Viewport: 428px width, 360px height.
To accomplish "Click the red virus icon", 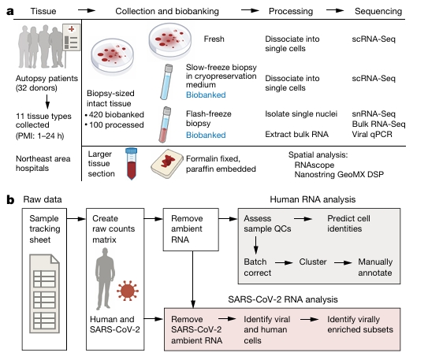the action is click(128, 291).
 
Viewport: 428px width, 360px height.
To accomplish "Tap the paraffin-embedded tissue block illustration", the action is click(167, 164).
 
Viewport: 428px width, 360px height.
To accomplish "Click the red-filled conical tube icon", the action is click(132, 164).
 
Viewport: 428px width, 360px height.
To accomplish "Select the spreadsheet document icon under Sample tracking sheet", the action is click(44, 294).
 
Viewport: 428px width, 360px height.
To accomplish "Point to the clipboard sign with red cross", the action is click(72, 37).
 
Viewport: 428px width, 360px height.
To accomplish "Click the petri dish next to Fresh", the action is click(169, 41).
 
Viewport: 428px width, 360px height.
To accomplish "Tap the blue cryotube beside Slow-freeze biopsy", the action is click(166, 82).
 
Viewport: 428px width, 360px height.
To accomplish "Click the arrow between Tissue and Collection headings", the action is click(87, 10).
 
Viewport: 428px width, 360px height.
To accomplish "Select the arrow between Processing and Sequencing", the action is click(335, 10).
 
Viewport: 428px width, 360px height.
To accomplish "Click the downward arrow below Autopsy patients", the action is click(47, 102).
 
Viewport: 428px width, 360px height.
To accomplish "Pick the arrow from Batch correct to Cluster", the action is click(284, 262).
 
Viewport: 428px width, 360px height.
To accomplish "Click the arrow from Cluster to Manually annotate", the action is click(343, 262).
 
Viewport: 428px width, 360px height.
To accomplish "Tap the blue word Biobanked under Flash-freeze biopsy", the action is click(206, 135).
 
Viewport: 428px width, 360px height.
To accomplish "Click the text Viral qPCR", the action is click(372, 134).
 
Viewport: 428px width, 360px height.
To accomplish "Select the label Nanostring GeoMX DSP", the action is click(339, 174).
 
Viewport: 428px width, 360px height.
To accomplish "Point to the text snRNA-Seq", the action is click(374, 113).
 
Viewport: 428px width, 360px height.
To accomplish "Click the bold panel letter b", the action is click(10, 199).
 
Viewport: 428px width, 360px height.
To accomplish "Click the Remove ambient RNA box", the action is click(191, 230).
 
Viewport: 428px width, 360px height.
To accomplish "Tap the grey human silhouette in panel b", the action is click(105, 279).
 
